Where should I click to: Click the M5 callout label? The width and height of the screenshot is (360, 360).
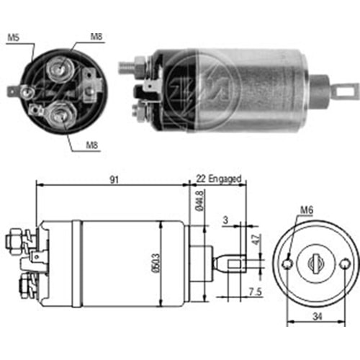[x=13, y=37]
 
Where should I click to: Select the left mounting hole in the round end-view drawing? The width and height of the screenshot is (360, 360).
[x=288, y=264]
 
